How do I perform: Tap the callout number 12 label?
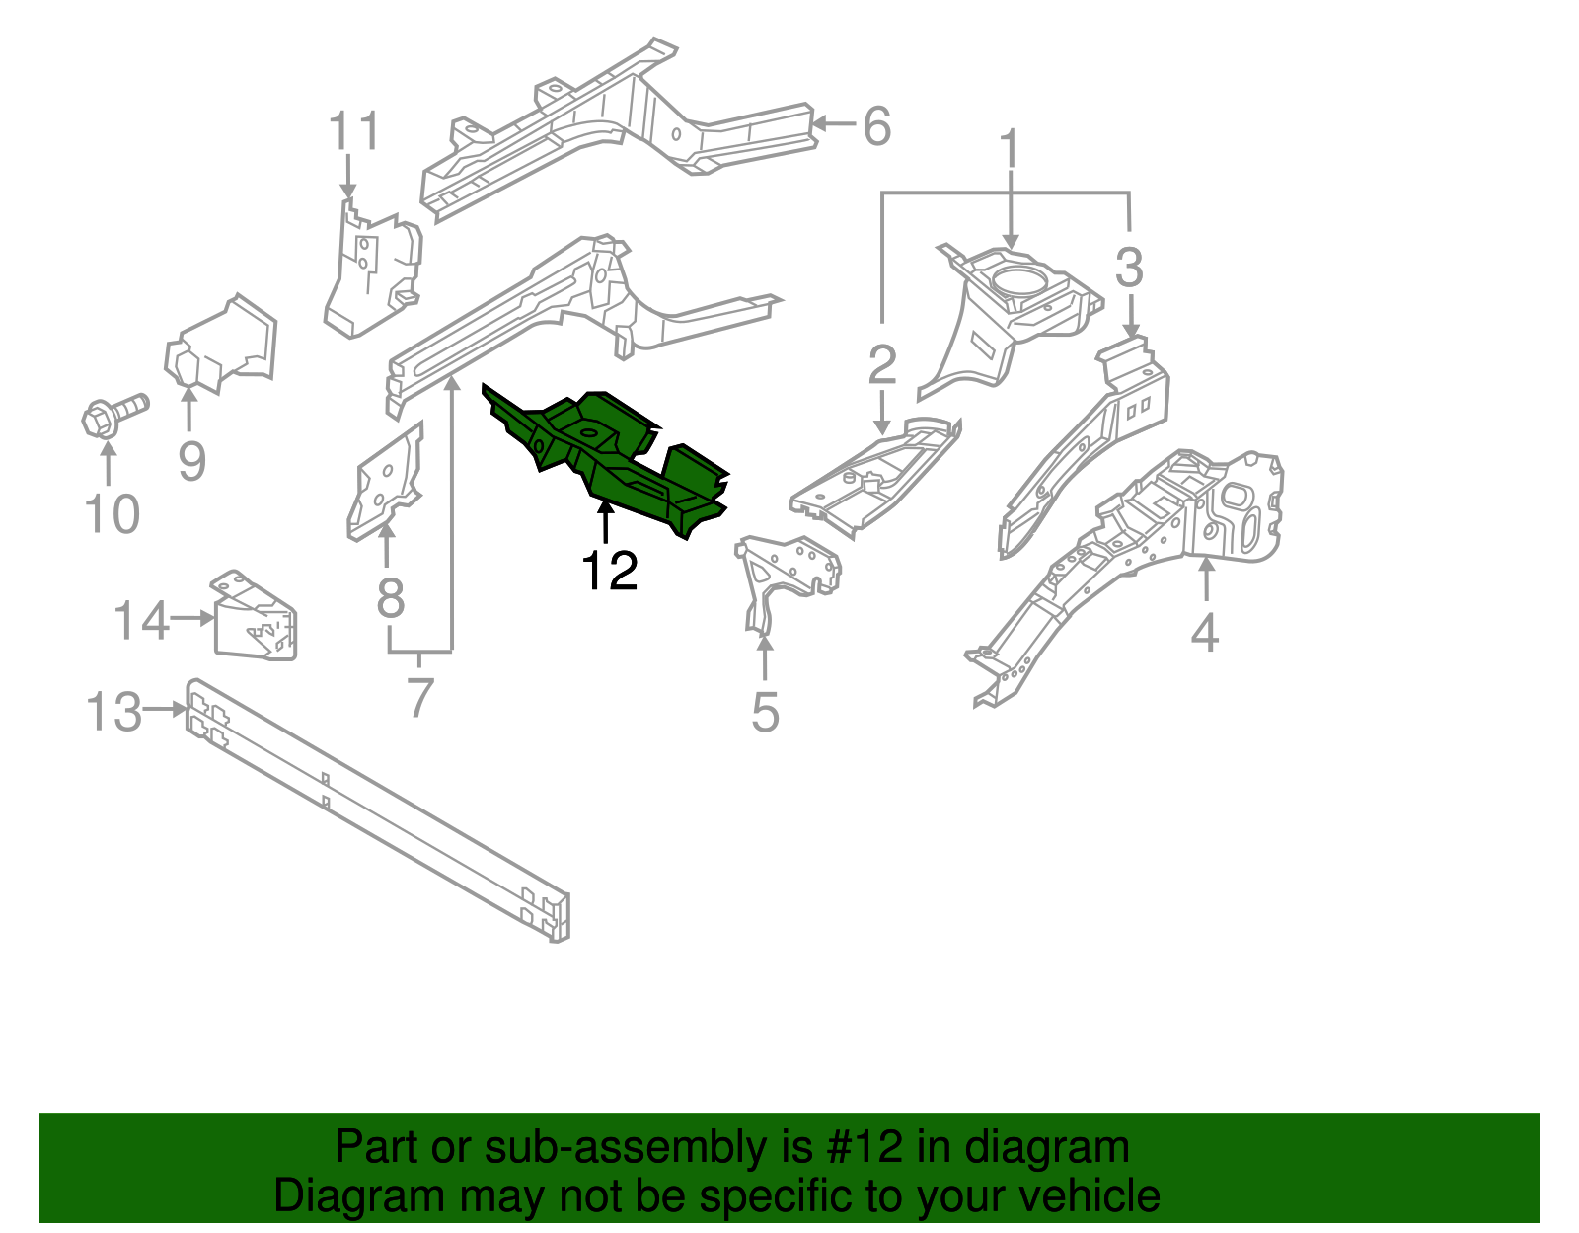coord(609,571)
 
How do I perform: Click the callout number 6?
coord(875,126)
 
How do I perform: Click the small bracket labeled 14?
coord(255,617)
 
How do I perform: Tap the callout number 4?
coord(1204,632)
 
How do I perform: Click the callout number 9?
coord(191,461)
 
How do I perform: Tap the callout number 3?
coord(1129,269)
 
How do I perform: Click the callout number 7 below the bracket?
coord(420,698)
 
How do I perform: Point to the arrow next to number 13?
coord(164,709)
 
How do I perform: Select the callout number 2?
coord(881,365)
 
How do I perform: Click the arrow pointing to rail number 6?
coord(833,124)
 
